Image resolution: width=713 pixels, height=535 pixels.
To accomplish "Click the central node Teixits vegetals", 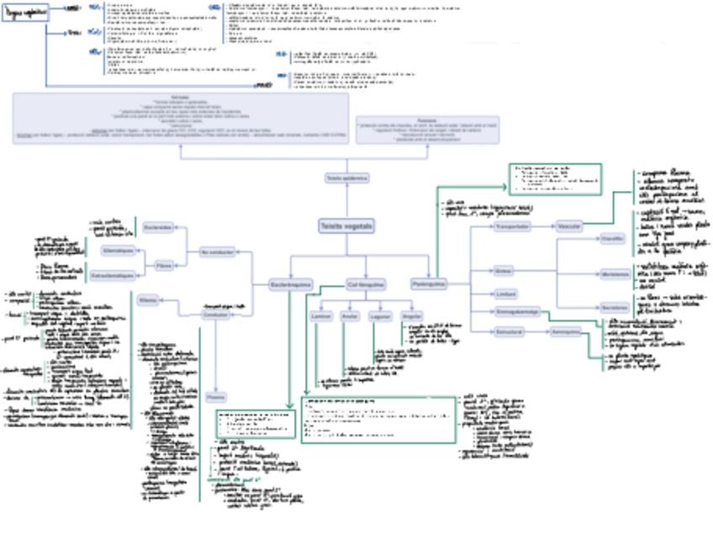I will (346, 227).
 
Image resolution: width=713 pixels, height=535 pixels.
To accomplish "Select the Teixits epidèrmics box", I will (346, 178).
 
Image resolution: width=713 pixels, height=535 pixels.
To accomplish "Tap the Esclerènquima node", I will (290, 285).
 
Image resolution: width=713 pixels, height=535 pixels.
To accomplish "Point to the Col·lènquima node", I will (367, 285).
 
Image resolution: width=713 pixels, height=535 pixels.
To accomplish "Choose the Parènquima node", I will (430, 285).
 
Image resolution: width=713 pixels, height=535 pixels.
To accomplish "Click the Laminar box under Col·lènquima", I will (320, 315).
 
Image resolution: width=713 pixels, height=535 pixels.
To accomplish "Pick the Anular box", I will (350, 315).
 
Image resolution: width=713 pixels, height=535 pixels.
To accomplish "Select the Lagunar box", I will (379, 315).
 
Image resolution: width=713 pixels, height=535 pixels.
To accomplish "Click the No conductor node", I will (217, 252).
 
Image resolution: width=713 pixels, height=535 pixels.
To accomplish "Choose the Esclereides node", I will (158, 228).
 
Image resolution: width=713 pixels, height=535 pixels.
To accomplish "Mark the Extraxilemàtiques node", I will (112, 275).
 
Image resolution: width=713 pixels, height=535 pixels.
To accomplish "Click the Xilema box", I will (148, 299).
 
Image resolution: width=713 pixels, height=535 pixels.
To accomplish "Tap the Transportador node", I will (512, 227).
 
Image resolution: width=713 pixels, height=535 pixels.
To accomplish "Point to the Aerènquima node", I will (568, 331).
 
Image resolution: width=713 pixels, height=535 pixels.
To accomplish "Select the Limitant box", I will (505, 293).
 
